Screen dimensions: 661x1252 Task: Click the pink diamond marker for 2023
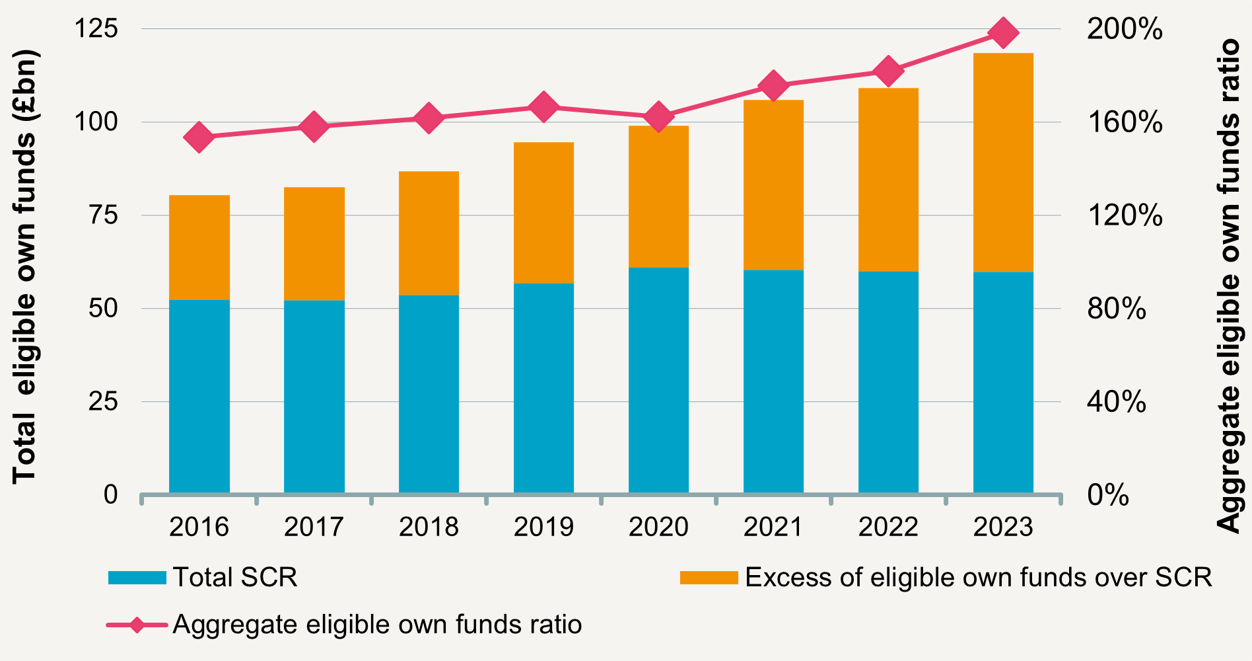1003,33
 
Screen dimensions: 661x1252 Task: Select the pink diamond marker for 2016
199,137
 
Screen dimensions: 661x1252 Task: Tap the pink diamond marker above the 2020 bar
658,118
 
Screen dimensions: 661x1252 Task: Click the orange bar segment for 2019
543,213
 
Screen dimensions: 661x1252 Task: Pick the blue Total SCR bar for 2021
773,381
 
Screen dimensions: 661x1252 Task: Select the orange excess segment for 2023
1003,163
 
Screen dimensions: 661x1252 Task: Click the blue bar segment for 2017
314,397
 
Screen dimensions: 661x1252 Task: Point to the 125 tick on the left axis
96,29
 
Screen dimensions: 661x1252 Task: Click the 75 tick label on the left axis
103,215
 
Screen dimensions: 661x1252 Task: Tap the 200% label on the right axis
1125,29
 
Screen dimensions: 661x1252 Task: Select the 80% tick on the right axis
1117,309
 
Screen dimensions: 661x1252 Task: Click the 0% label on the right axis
1108,495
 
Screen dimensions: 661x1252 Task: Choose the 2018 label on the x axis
429,527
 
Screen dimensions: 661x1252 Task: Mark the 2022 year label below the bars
888,527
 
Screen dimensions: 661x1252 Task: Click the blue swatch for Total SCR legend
137,578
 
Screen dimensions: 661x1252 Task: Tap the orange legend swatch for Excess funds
709,578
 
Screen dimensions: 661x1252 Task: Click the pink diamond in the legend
137,625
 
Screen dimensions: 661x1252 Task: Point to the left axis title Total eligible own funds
25,268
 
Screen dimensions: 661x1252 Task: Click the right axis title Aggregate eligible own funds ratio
1229,286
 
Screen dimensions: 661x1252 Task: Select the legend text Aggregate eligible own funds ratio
377,625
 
